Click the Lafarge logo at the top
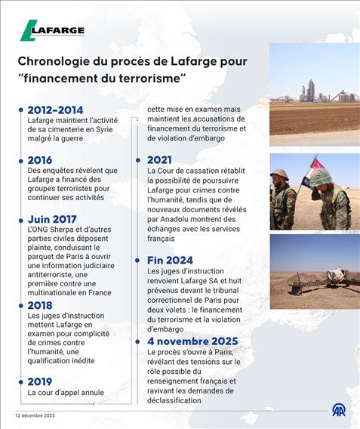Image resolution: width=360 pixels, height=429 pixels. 52,30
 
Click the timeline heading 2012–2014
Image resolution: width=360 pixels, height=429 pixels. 55,110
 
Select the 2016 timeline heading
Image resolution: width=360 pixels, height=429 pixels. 40,160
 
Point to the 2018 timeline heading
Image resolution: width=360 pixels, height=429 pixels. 40,305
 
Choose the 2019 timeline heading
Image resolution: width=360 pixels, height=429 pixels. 40,381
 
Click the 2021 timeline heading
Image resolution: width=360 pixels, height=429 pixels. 159,160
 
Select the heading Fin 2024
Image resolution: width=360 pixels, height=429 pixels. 170,261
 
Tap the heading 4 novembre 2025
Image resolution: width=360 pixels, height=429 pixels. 193,341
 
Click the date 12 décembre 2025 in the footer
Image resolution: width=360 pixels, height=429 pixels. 35,415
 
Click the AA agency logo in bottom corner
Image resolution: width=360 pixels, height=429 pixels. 339,409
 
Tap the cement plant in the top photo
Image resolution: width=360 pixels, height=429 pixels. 309,91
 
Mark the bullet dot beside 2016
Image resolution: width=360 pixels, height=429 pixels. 20,160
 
